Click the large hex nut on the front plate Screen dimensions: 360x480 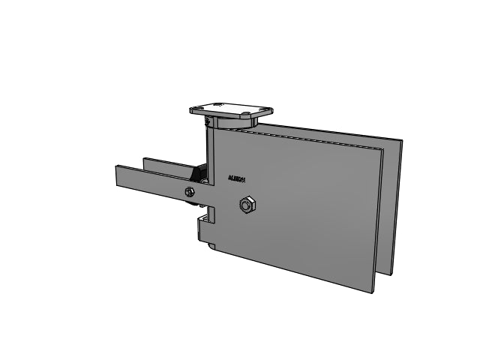[x=246, y=205]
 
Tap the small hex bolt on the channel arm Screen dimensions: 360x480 [x=190, y=193]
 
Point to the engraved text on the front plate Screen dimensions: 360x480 [x=241, y=179]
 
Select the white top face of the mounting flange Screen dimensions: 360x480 [x=229, y=108]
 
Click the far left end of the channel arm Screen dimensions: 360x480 [x=117, y=177]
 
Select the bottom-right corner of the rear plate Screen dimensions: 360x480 [x=392, y=269]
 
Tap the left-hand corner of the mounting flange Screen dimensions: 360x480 [x=190, y=108]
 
